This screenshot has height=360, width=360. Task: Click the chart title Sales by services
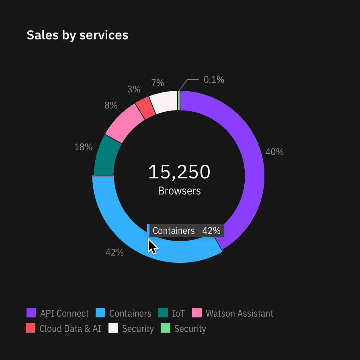(x=78, y=35)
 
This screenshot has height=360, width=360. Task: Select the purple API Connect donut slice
(x=249, y=161)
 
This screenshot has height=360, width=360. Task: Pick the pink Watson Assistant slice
(x=123, y=123)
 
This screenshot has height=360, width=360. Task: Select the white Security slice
(x=164, y=102)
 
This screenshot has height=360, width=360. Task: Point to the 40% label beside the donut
(x=274, y=152)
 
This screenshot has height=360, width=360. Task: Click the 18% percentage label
(x=83, y=147)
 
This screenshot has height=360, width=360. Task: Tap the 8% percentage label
(x=111, y=105)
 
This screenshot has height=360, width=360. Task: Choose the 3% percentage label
(x=134, y=89)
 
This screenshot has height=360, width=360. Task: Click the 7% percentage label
(x=157, y=83)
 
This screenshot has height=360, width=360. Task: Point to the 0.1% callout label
(x=214, y=80)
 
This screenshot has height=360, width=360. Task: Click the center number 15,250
(x=179, y=172)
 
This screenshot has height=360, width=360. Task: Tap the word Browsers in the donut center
(x=179, y=191)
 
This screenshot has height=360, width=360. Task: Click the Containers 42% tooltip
(x=186, y=231)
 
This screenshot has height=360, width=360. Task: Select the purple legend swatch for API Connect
(x=31, y=313)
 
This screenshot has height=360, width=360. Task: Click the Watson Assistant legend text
(x=239, y=313)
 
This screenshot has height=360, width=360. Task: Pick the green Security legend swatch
(x=166, y=328)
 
